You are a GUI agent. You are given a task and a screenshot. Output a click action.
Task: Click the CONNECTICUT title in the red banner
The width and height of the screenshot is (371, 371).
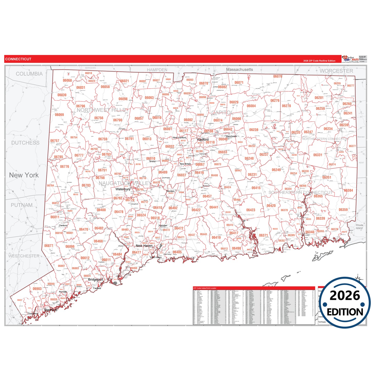coord(18,59)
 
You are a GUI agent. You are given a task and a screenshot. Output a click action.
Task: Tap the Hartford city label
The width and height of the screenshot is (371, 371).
coord(203,139)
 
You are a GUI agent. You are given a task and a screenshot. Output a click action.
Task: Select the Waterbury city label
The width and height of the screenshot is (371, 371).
coord(123,189)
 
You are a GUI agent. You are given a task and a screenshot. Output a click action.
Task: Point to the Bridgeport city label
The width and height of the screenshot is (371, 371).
coord(96,279)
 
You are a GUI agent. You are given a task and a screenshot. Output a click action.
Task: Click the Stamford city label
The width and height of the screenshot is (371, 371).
coord(51,310)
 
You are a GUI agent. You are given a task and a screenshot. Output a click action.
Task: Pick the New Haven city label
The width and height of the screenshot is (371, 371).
coord(144,246)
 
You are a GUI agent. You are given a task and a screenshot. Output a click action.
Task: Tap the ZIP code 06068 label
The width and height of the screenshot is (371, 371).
coord(67,80)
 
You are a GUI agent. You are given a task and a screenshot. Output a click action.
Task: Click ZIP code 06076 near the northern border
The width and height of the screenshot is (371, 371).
coord(278,76)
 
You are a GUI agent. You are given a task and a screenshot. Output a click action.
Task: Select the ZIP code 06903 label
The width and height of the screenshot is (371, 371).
coord(37,289)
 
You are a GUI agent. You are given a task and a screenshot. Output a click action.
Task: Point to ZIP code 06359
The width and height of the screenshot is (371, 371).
coord(343,210)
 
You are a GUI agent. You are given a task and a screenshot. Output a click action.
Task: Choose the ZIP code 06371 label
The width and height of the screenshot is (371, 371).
coord(263,235)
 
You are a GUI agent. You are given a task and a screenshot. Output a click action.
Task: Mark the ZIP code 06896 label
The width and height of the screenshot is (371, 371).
coord(70,246)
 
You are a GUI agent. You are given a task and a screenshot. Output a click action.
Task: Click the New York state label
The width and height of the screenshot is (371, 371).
coord(24,175)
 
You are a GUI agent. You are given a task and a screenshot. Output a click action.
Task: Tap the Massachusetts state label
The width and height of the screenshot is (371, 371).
coord(239,70)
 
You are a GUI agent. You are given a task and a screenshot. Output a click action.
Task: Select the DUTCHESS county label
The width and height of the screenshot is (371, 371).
coord(25,143)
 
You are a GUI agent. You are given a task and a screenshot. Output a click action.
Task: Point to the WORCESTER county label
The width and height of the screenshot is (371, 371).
coord(336,71)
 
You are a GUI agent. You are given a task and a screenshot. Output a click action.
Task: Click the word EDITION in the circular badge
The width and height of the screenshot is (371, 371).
coord(345,312)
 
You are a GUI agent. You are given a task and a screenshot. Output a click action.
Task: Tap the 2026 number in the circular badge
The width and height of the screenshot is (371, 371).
coord(345,296)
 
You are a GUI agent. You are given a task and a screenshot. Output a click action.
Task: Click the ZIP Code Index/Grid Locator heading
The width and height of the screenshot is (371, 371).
coord(205,288)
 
